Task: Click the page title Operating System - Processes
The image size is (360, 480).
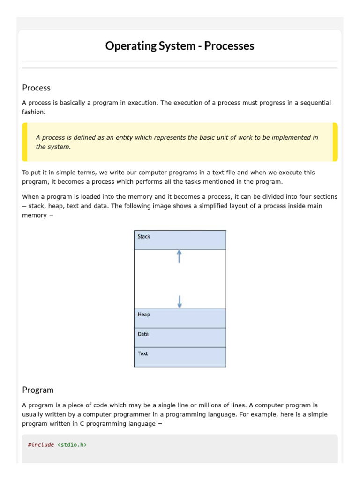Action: click(180, 46)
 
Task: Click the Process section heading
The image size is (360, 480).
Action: click(36, 88)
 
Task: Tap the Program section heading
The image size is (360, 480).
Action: click(38, 390)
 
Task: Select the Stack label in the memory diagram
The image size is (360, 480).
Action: click(144, 237)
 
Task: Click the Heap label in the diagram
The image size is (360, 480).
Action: click(144, 315)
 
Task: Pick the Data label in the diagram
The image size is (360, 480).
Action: click(143, 334)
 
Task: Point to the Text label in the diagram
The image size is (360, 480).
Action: click(142, 353)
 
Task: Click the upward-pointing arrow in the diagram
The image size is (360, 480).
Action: click(179, 256)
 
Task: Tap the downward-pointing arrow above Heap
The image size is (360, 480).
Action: click(179, 301)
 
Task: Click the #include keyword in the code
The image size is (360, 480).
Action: click(41, 444)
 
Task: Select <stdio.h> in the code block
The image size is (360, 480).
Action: click(72, 444)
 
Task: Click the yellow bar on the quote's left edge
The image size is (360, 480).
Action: click(25, 142)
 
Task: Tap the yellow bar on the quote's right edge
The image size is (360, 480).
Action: click(335, 142)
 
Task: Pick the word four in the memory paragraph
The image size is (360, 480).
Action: click(296, 197)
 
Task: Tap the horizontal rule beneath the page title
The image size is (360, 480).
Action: click(180, 68)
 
